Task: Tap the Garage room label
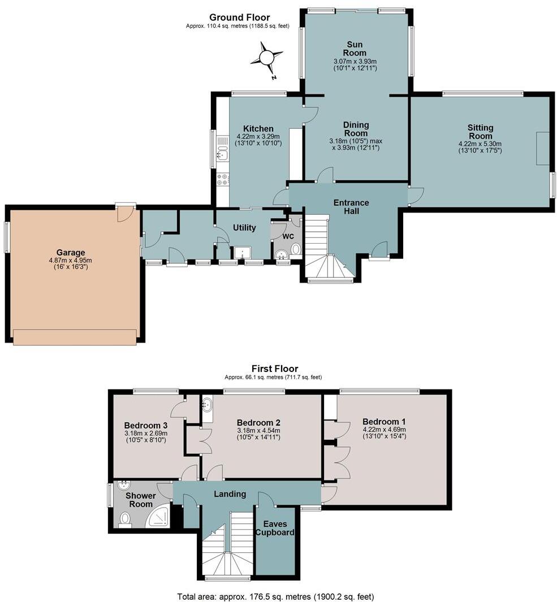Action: [x=70, y=252]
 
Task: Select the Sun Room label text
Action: [x=355, y=49]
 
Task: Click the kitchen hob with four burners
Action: [x=222, y=179]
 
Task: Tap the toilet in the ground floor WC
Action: [x=296, y=249]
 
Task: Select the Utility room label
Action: [x=244, y=228]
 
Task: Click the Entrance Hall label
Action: [x=351, y=207]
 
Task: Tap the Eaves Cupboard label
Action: [x=275, y=528]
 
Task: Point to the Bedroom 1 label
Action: [x=384, y=422]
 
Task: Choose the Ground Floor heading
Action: [x=240, y=18]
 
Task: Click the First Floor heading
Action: [x=275, y=369]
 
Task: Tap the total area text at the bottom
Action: [x=275, y=596]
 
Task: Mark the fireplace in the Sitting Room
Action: [x=542, y=148]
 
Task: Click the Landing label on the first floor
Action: [x=230, y=493]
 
